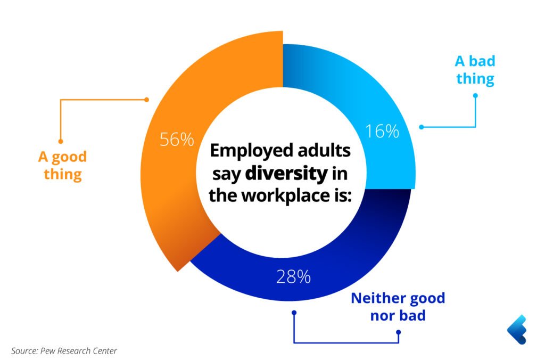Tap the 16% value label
coord(382,131)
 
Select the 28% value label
coord(293,277)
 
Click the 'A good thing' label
coord(62,166)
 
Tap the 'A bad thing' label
coord(475,70)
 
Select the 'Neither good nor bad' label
coord(398,306)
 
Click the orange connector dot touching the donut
coord(147,99)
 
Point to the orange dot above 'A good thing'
coord(61,141)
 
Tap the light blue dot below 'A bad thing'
coord(475,96)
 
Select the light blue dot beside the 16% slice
coord(421,127)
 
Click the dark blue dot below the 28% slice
coord(293,313)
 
